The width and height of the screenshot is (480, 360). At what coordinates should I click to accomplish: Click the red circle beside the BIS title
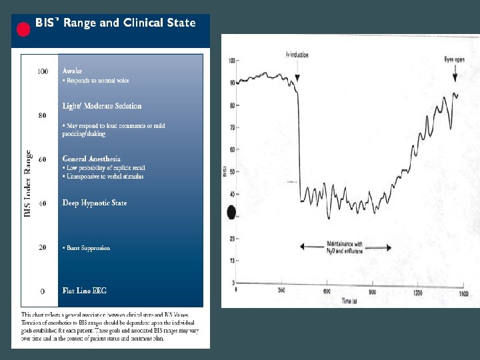(x=23, y=29)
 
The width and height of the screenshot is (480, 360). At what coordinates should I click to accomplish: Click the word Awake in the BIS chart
(x=73, y=71)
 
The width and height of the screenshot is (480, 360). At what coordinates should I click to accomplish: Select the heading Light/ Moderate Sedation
(x=102, y=106)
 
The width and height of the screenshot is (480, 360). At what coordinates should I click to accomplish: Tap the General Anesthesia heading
(x=91, y=159)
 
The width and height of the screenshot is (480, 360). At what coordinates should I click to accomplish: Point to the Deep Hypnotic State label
(x=94, y=203)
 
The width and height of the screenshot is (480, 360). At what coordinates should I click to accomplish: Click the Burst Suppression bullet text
(x=87, y=248)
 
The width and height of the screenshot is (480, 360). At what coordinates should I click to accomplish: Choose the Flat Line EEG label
(x=84, y=291)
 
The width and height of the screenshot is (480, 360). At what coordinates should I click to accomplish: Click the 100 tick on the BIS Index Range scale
(x=43, y=71)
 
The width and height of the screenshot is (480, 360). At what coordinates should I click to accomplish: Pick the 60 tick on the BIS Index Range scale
(x=43, y=160)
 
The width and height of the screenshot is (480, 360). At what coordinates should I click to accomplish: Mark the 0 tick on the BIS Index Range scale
(x=43, y=291)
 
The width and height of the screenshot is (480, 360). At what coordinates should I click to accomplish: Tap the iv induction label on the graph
(x=297, y=55)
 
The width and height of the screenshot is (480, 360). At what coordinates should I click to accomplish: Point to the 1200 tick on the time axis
(x=418, y=292)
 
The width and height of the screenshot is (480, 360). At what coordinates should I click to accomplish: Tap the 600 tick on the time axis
(x=327, y=292)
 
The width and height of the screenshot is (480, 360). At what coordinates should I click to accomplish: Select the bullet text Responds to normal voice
(x=97, y=81)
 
